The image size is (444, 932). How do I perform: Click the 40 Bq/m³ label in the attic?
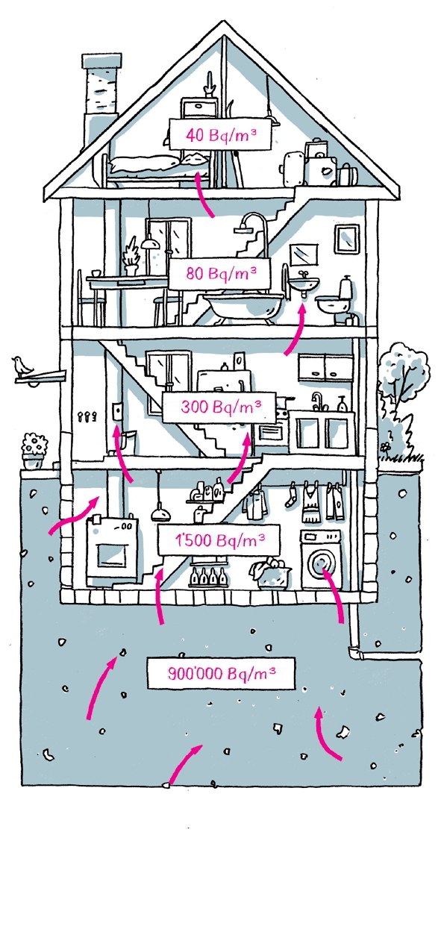coord(219,134)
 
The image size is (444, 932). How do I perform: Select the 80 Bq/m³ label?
coord(220,273)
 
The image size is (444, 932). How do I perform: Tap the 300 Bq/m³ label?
coord(219,407)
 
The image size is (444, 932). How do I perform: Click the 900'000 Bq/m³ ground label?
coord(221,673)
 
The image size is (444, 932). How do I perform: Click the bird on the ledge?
coord(22,366)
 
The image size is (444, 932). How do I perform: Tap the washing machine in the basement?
coord(321,559)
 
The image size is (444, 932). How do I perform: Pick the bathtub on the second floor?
coord(243,307)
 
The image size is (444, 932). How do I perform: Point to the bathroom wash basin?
coord(304,284)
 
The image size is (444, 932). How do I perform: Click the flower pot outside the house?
coord(35,451)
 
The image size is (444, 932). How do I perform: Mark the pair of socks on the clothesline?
coord(291,494)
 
